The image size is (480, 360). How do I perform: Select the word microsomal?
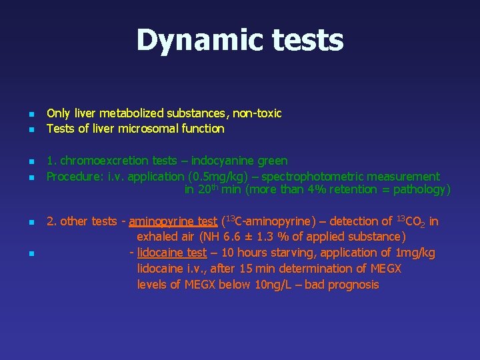click(x=144, y=129)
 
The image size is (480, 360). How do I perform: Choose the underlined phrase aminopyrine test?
click(x=173, y=221)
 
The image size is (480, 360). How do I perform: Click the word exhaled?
click(x=158, y=237)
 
